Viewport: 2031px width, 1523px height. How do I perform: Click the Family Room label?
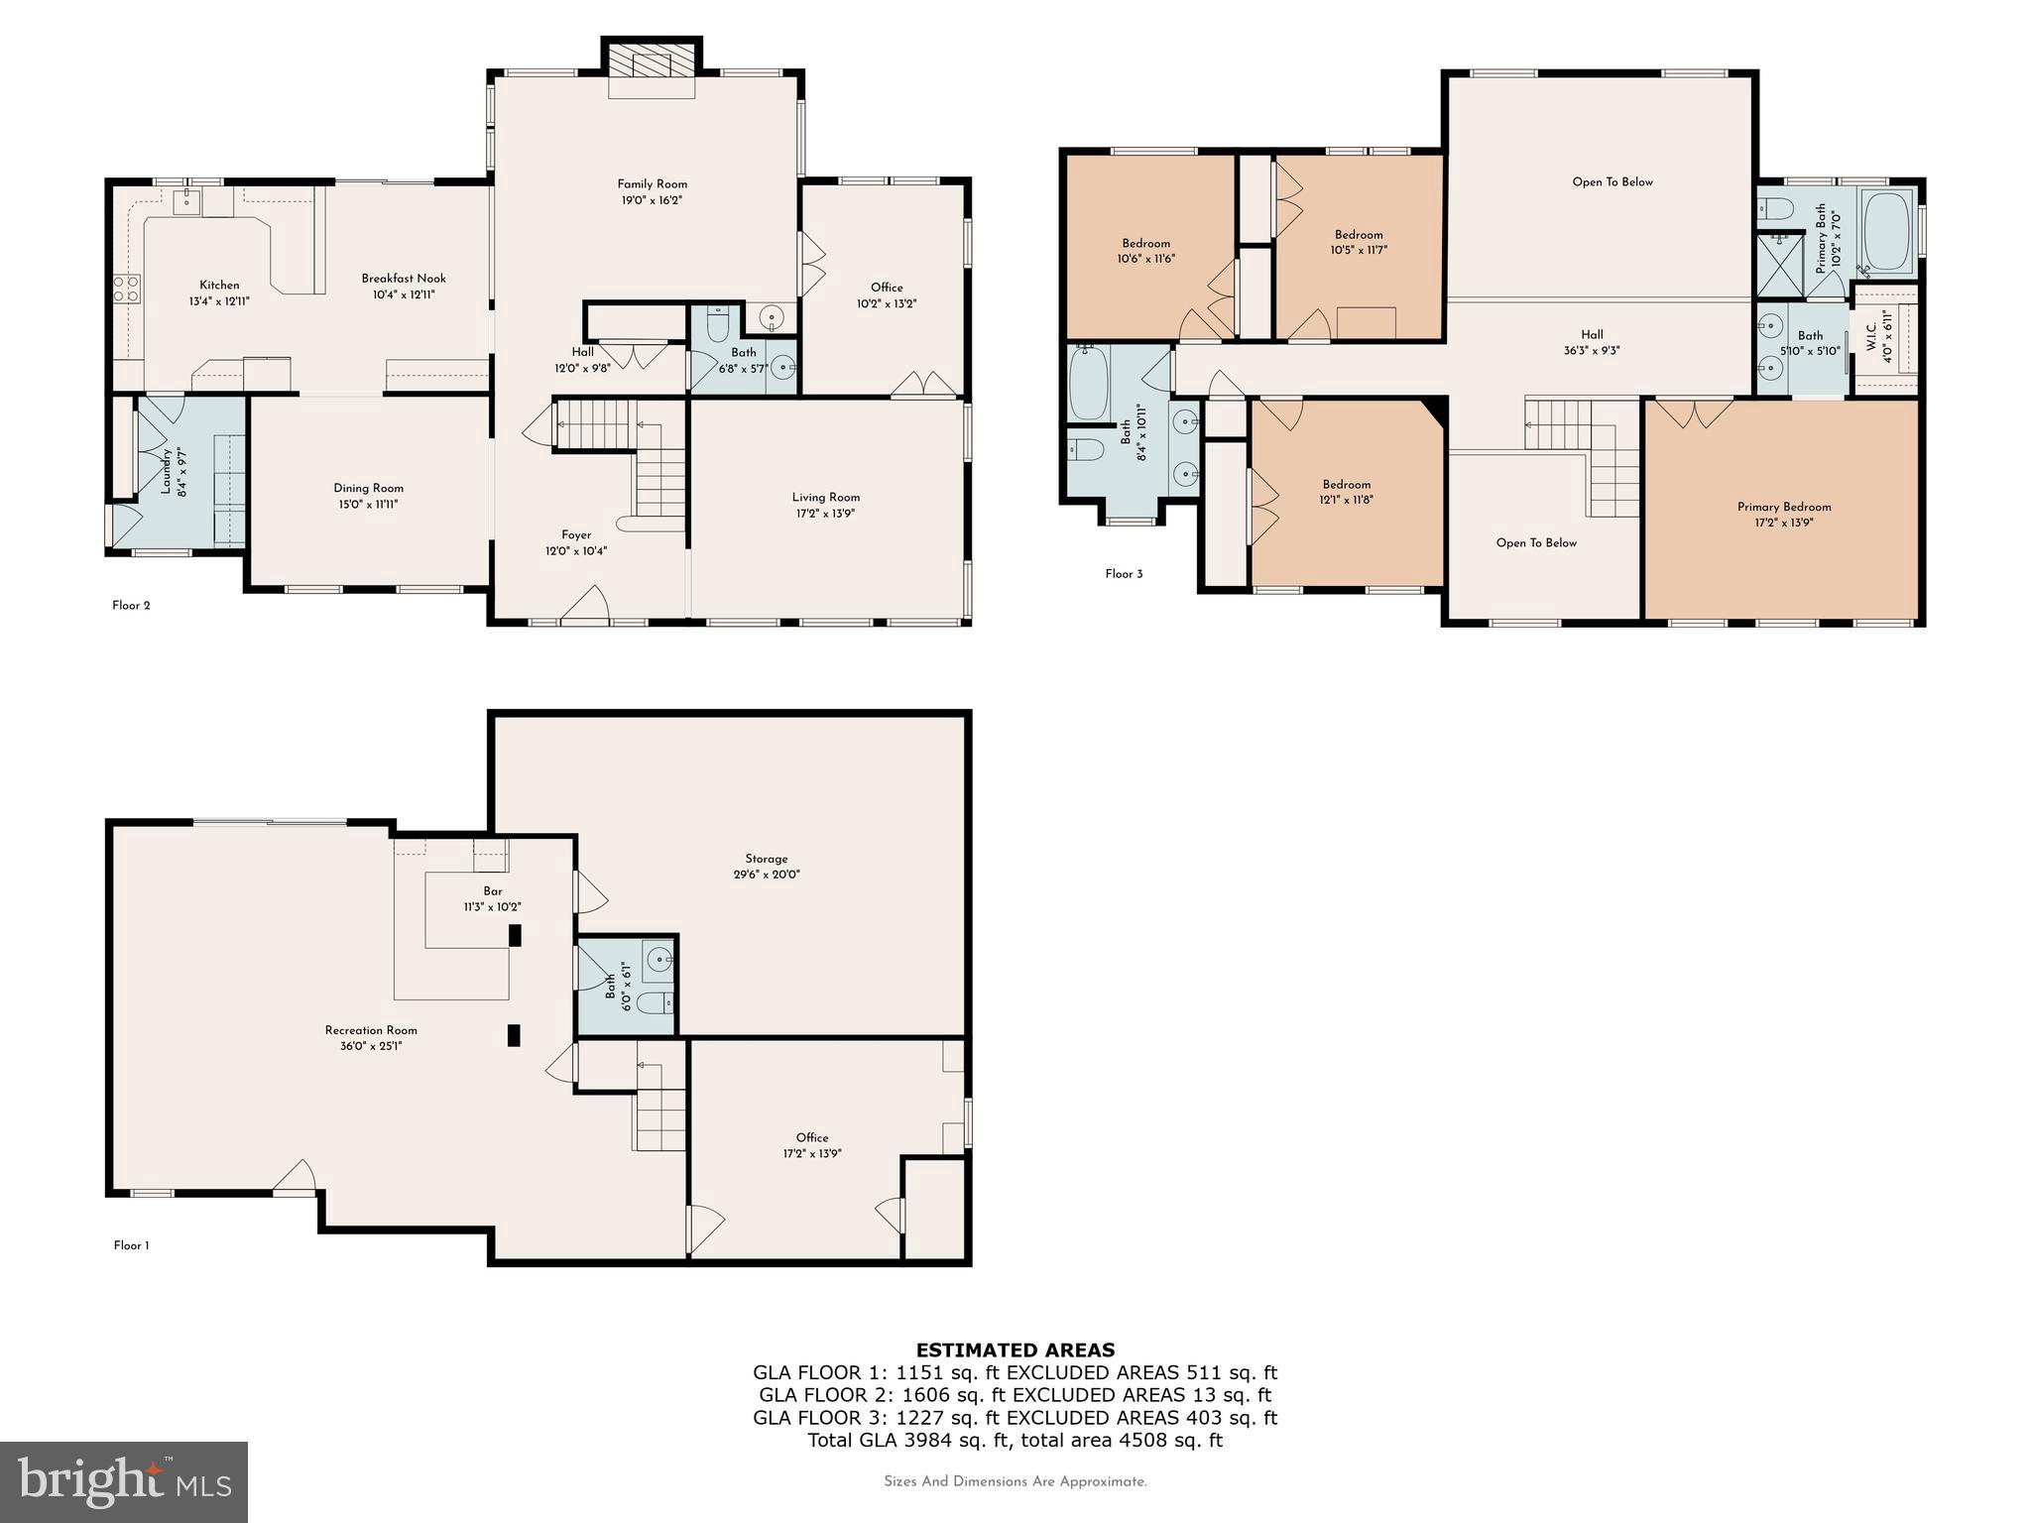click(652, 184)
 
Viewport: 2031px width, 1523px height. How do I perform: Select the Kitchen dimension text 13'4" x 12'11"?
click(219, 300)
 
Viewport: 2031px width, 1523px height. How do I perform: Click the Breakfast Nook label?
click(403, 279)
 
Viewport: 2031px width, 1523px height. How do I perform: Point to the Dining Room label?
click(368, 488)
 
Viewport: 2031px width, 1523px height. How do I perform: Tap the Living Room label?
click(825, 498)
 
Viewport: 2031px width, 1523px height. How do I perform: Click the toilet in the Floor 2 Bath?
click(718, 325)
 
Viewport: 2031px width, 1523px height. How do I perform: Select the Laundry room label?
click(166, 472)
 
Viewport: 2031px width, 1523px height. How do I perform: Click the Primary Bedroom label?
click(1784, 507)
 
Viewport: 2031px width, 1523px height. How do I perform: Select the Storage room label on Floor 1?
click(767, 859)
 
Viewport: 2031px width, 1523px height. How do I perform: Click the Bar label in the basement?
click(492, 890)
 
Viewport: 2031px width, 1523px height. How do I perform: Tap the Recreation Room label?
click(371, 1030)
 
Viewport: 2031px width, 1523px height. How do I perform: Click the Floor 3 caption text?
click(1124, 574)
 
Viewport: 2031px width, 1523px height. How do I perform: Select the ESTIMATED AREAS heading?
click(1015, 1349)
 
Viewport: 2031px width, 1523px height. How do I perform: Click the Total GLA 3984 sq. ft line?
click(1015, 1440)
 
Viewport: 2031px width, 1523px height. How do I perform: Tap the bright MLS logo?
click(124, 1481)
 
